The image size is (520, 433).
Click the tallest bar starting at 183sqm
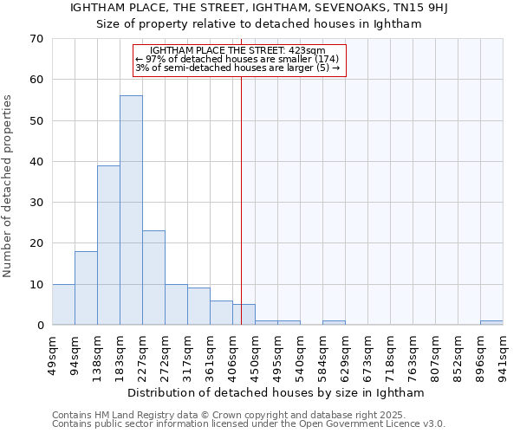(131, 210)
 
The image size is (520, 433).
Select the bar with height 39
(108, 245)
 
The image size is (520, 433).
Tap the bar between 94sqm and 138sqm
(86, 288)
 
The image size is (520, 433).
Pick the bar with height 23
(153, 277)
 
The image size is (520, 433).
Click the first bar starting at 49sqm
(63, 304)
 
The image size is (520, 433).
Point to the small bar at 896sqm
(491, 323)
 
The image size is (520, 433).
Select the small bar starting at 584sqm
(334, 323)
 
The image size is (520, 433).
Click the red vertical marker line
(242, 191)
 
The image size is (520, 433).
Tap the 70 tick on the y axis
(36, 39)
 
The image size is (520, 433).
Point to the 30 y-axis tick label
(36, 203)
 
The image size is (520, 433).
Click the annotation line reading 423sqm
(237, 51)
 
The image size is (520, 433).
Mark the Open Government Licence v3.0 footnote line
(249, 424)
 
